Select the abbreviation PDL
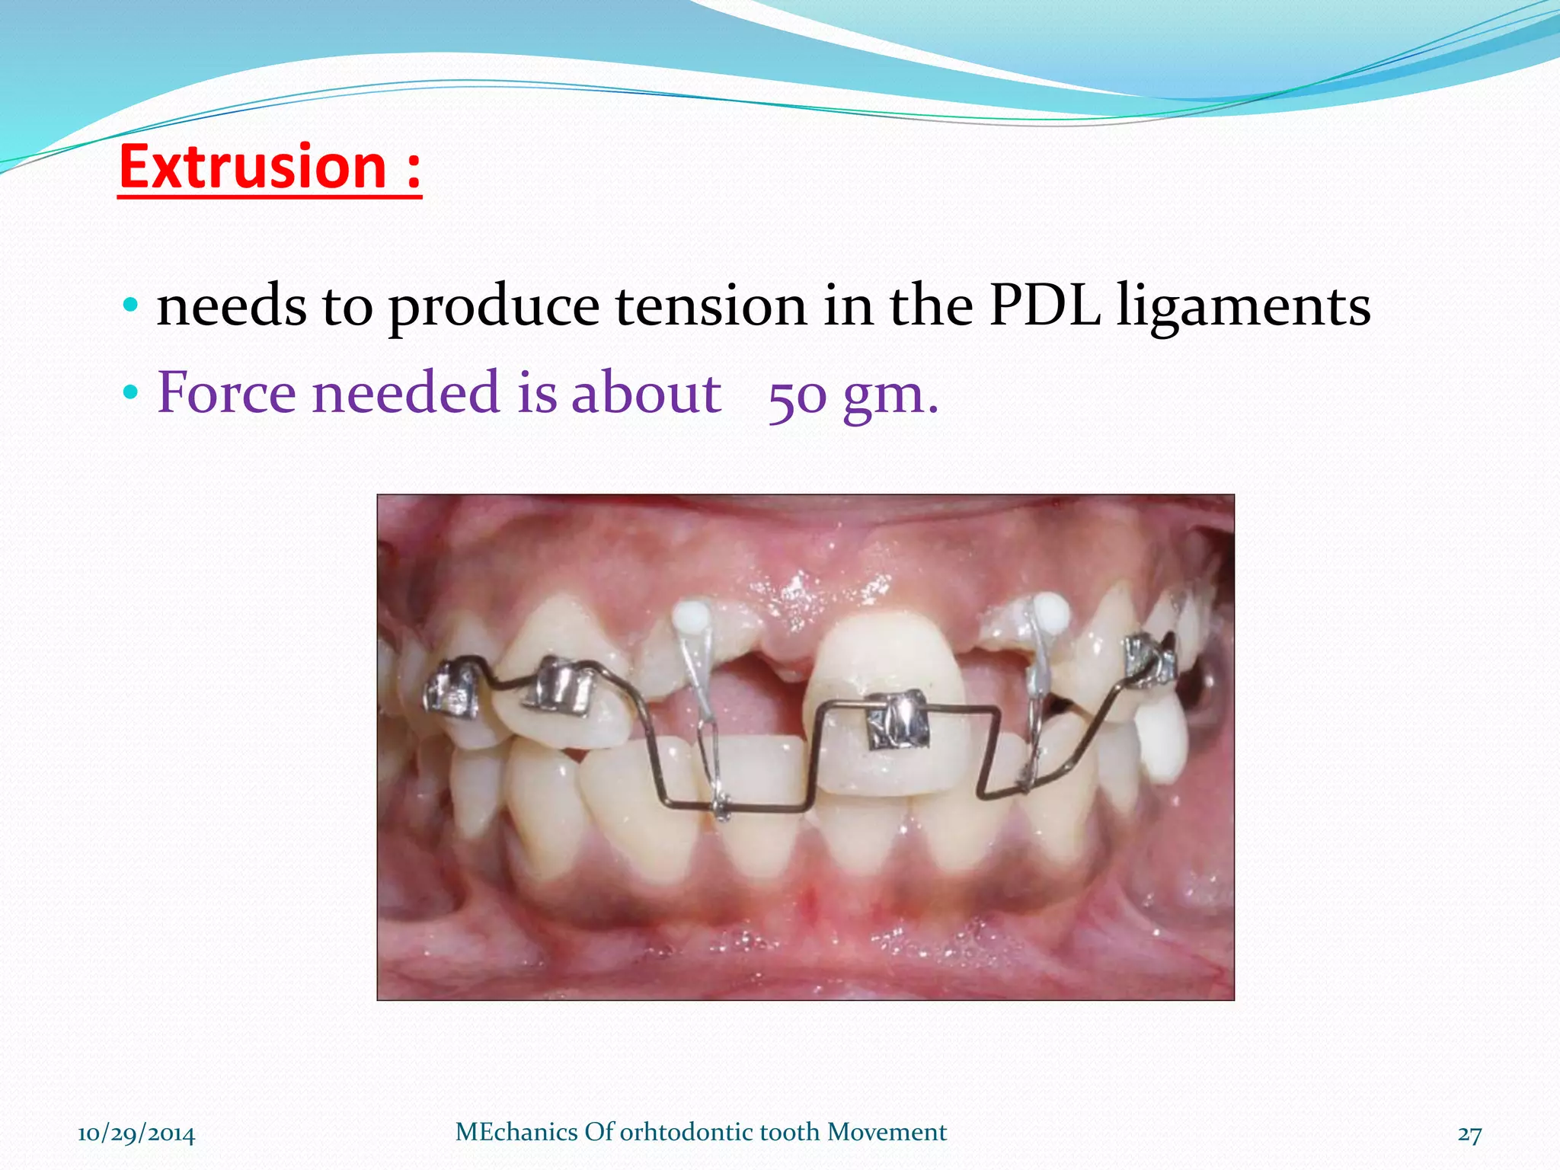(x=1044, y=306)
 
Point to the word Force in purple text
(x=226, y=393)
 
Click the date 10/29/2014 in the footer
(x=136, y=1134)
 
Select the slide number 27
(x=1469, y=1134)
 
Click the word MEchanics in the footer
(x=516, y=1132)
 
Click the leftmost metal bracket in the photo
(x=452, y=692)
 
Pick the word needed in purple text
(x=405, y=393)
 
